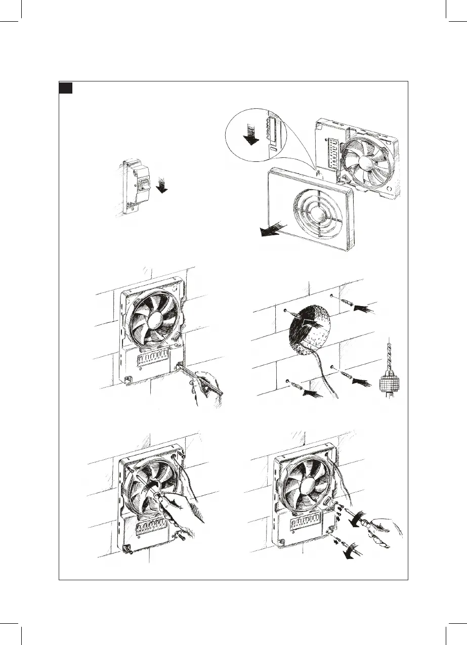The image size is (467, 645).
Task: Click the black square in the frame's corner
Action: pyautogui.click(x=65, y=88)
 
